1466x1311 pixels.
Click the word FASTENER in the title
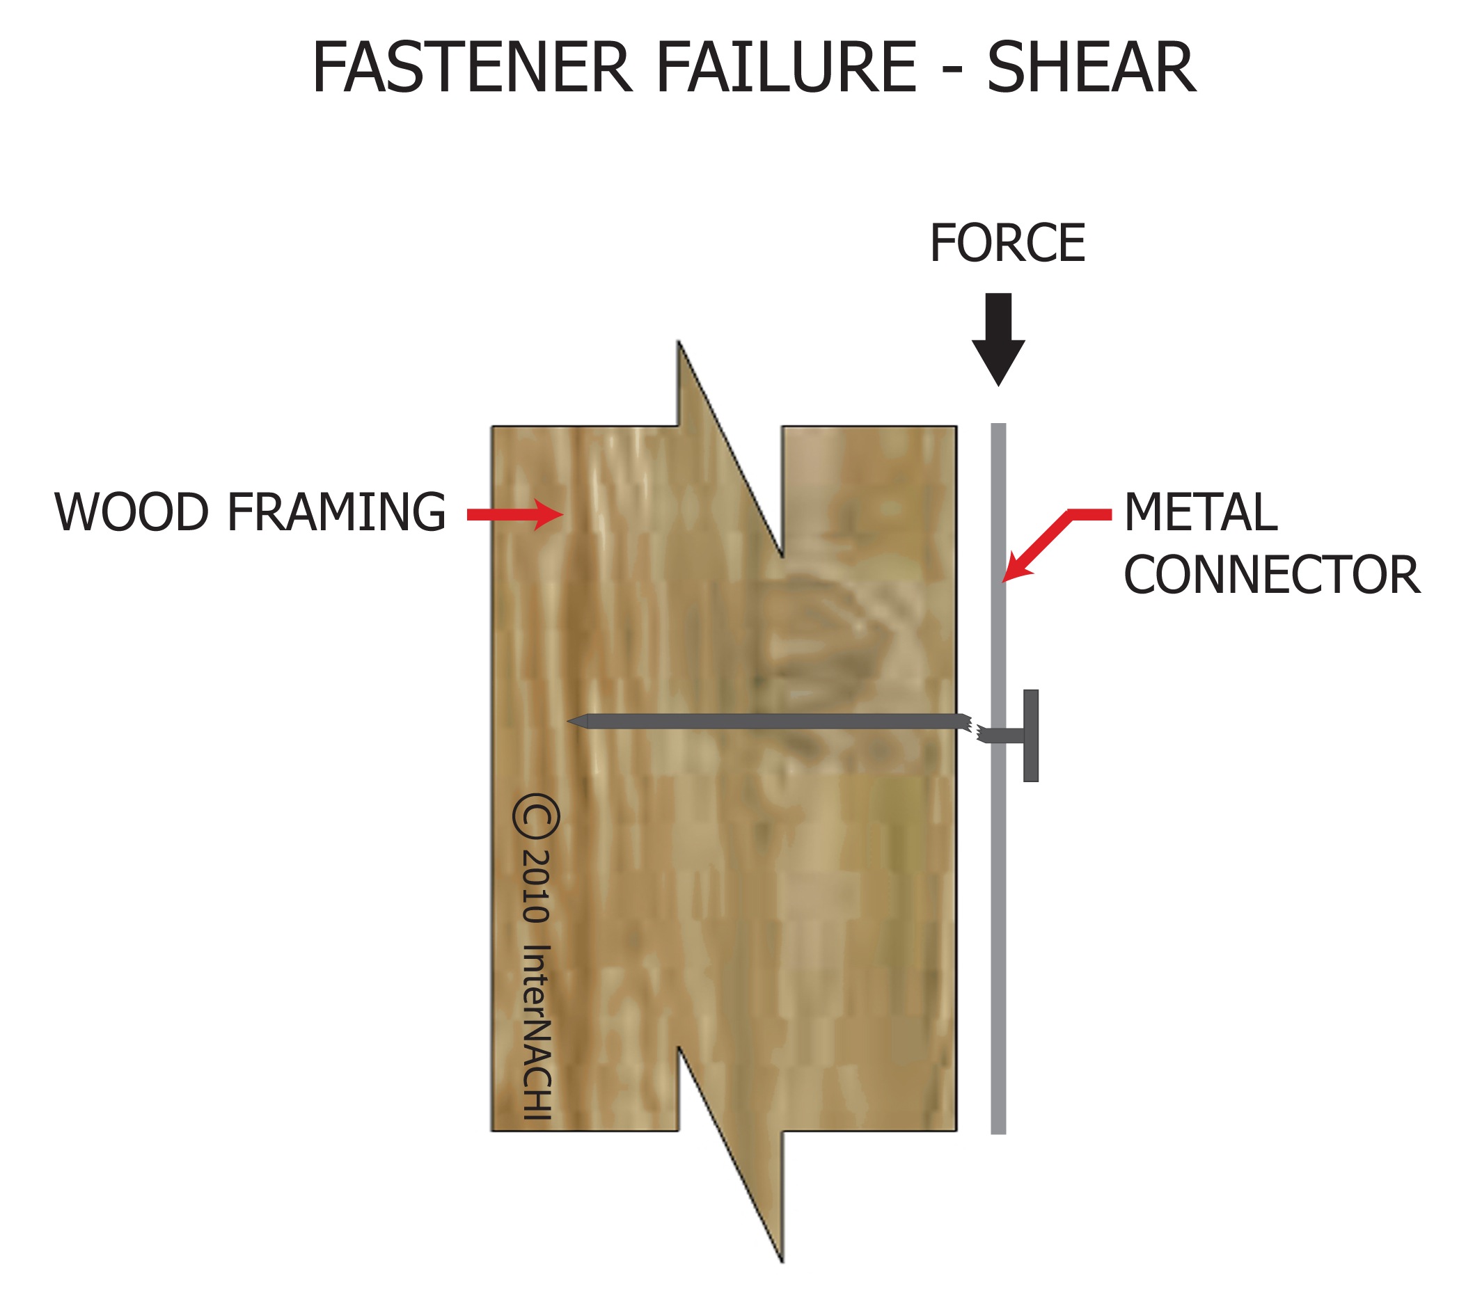tap(471, 67)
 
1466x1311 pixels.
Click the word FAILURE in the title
tap(786, 67)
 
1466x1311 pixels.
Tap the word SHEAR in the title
tap(1091, 67)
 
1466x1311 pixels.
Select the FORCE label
tap(1007, 244)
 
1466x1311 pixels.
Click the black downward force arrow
tap(998, 339)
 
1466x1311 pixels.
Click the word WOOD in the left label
tap(131, 513)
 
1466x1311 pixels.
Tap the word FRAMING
tap(336, 513)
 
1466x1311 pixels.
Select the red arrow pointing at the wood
tap(514, 514)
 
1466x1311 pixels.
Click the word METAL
tap(1200, 513)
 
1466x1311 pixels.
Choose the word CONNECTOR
tap(1272, 575)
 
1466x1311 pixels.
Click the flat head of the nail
tap(1031, 736)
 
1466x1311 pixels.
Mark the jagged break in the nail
tap(972, 728)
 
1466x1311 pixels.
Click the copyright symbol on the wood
tap(537, 816)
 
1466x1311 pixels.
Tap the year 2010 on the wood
tap(537, 887)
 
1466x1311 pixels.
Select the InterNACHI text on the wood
tap(537, 1031)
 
